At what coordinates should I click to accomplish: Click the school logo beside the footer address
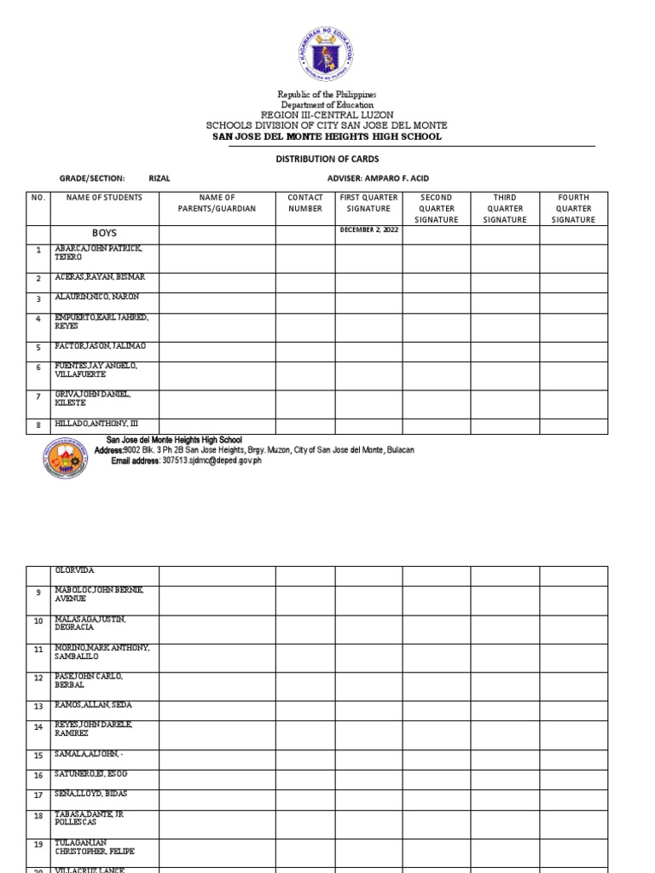pos(64,461)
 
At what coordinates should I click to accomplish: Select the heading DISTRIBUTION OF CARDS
pos(327,159)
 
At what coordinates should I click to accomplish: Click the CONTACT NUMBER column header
pos(305,203)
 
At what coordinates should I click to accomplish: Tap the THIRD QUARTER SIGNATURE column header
pos(505,208)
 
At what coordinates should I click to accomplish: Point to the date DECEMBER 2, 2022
pos(368,230)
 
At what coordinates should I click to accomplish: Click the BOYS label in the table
pos(105,233)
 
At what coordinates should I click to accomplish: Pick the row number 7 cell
pos(38,397)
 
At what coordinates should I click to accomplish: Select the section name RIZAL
pos(159,178)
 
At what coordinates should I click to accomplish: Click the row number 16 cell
pos(38,776)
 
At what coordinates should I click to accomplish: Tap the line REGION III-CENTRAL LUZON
pos(327,114)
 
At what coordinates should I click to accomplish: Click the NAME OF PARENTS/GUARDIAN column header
pos(217,203)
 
